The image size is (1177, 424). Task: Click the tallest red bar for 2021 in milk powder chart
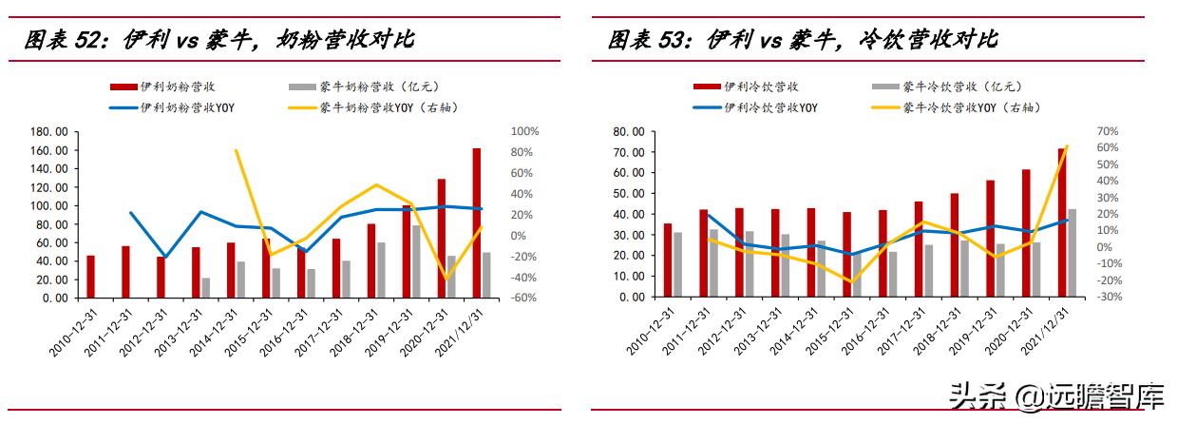pos(476,222)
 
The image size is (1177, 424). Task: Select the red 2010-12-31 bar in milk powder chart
pos(90,276)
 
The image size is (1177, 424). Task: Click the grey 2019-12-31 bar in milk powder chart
pos(415,261)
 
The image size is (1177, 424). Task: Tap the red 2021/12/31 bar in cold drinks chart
pos(1061,222)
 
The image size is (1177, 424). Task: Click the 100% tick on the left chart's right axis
pos(525,132)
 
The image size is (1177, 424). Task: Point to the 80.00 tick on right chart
pos(630,132)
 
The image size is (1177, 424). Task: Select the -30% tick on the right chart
pos(1108,297)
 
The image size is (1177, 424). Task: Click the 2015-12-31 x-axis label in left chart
pos(250,333)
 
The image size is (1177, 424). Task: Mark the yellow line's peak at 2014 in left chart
pos(235,150)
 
